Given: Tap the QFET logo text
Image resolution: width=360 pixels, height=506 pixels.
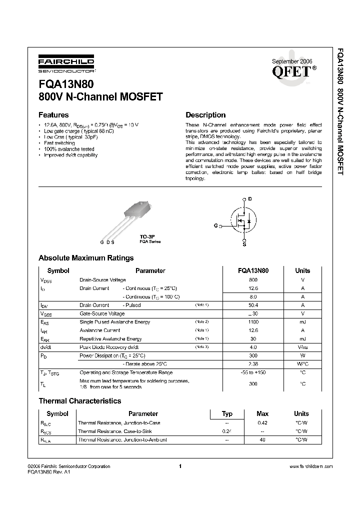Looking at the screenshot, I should coord(291,71).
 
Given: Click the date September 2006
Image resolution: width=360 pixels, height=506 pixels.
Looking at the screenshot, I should coord(291,61).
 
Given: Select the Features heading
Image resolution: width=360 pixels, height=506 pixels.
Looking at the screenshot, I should coord(53,114).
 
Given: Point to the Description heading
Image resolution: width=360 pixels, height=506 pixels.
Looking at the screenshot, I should coord(205,114).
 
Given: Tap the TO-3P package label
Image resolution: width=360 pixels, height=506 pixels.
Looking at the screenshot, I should coord(145,237).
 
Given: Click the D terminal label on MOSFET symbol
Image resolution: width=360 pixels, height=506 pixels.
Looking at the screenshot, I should coord(250,199).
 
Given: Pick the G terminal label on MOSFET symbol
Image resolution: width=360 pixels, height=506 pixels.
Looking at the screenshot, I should coord(216,226).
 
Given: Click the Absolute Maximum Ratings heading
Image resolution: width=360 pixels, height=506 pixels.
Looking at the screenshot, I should coord(86,258).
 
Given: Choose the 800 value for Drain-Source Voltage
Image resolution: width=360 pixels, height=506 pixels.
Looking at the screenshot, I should coord(253,280).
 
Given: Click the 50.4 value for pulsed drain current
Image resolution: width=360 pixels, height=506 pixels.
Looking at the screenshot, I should coord(253,305).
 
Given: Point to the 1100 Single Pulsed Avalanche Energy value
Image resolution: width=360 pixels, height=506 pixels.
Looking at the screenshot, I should coord(253,322).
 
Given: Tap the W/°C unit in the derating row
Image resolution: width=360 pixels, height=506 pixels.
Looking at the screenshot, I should coord(302,364).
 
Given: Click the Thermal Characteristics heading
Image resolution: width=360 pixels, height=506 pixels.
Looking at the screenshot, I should coord(80,401).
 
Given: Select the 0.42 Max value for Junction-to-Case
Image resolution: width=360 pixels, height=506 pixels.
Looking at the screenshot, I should coord(262,423).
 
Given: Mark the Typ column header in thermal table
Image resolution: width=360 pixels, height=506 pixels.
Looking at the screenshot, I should coord(227,413).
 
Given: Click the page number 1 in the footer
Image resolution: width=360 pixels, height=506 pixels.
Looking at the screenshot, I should coord(179,466).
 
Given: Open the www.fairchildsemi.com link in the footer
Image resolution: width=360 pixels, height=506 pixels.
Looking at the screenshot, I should coord(310,466).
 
